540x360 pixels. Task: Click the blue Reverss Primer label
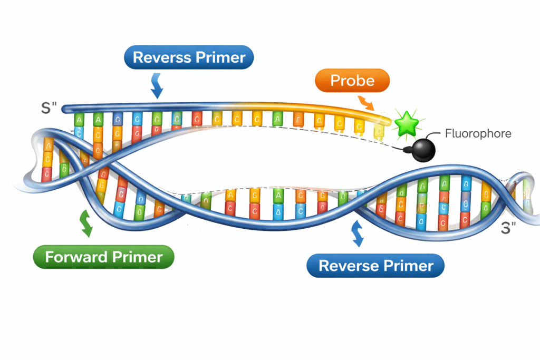(x=189, y=57)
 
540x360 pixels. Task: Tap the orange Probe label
(x=352, y=81)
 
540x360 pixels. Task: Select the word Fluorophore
(x=478, y=133)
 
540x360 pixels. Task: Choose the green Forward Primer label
(x=103, y=257)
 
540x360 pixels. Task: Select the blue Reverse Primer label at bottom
(x=375, y=266)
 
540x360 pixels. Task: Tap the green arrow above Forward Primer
(x=85, y=223)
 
